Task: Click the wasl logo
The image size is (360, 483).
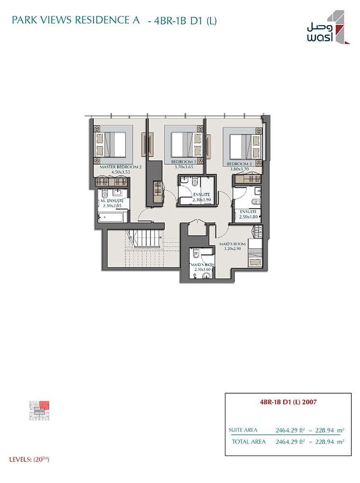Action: (x=328, y=28)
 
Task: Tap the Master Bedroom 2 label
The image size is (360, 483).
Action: (x=120, y=167)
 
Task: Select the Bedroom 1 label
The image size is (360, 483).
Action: (x=184, y=162)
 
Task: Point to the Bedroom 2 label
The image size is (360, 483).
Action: (x=239, y=164)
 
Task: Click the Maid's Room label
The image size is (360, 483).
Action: (x=232, y=244)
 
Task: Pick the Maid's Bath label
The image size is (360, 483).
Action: (x=203, y=265)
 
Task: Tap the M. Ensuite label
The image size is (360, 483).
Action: (x=112, y=200)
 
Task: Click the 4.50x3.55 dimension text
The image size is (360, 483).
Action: (x=121, y=172)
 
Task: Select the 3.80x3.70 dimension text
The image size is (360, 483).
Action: (x=239, y=169)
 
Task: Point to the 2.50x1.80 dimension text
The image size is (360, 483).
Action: (x=249, y=217)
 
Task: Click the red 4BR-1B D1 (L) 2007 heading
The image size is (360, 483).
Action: (x=288, y=402)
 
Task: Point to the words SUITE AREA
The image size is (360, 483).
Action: (x=243, y=430)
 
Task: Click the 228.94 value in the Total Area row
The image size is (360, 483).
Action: (x=325, y=442)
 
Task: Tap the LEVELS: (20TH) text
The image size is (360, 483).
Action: (x=29, y=459)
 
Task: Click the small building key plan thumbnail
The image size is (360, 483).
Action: (x=40, y=411)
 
